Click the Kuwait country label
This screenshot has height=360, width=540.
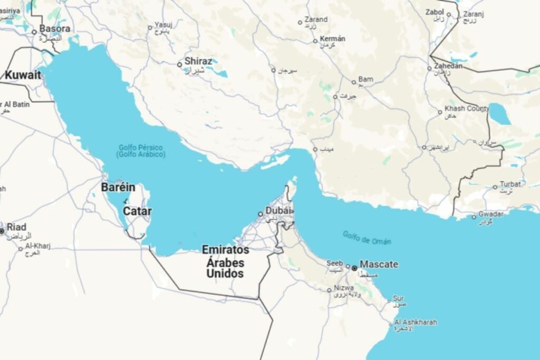23,75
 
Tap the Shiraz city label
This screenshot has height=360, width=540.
198,61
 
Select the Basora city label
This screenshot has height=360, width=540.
55,28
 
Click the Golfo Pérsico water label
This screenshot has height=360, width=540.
141,148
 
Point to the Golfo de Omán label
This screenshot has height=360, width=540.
367,238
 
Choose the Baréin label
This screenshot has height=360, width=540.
118,188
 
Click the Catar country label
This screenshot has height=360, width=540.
137,211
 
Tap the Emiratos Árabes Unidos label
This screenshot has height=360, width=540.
225,261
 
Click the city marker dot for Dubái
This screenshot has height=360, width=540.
261,214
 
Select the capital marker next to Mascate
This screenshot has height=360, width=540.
354,268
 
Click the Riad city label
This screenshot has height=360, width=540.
16,227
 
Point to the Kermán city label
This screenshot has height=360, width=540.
333,38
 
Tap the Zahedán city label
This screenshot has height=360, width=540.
448,66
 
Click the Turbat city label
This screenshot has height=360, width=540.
510,184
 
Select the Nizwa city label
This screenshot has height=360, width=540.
343,289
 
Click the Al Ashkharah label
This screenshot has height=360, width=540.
416,322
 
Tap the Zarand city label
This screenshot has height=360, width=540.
316,20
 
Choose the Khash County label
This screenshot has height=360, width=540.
467,108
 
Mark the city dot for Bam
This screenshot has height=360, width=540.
354,82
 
